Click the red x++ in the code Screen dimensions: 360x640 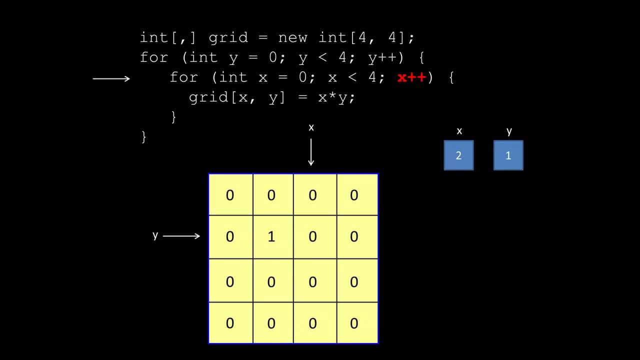click(x=411, y=77)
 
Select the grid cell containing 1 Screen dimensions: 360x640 click(x=271, y=236)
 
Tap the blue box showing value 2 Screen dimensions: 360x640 click(x=458, y=155)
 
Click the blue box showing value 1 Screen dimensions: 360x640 click(x=508, y=155)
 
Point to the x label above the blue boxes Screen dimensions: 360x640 click(x=459, y=131)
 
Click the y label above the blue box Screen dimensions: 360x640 click(x=508, y=131)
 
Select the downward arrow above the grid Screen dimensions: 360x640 click(x=311, y=152)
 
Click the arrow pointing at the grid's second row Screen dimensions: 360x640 click(x=181, y=236)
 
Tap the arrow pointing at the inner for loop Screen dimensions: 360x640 click(x=111, y=78)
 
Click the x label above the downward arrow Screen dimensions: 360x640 click(x=311, y=127)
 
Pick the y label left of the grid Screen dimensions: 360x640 click(x=155, y=235)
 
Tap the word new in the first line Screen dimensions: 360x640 click(x=292, y=37)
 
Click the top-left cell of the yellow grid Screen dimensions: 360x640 click(x=230, y=195)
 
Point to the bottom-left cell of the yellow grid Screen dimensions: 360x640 click(x=230, y=323)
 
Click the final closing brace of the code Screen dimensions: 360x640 click(x=144, y=136)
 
